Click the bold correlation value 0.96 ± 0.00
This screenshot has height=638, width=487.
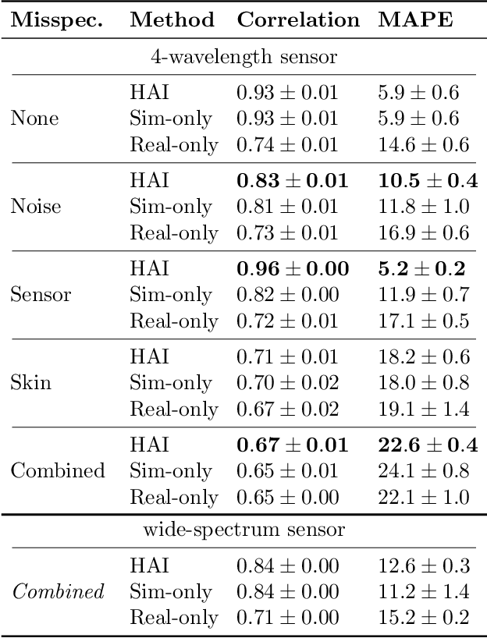click(x=292, y=269)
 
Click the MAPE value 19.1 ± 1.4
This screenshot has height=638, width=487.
click(x=424, y=409)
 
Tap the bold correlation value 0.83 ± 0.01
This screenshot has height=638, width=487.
click(x=292, y=181)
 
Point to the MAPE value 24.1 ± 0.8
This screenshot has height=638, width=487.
click(x=424, y=471)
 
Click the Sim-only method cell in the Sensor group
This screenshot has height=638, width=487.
click(x=171, y=295)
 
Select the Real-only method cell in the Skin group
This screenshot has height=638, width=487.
click(x=174, y=409)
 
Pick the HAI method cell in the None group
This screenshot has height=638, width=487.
click(x=149, y=93)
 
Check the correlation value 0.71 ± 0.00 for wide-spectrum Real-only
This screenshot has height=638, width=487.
click(x=287, y=619)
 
